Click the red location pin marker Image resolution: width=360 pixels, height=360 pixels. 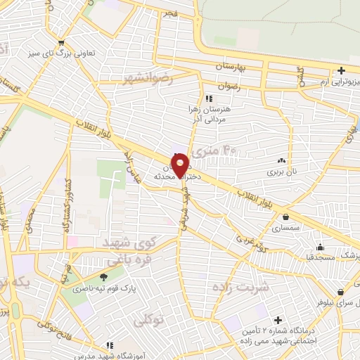181,163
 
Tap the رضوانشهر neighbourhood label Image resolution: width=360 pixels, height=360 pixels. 148,76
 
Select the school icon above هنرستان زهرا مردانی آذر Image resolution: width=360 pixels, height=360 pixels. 208,98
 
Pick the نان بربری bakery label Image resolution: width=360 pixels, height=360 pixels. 282,171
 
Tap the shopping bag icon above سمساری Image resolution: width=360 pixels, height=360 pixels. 287,217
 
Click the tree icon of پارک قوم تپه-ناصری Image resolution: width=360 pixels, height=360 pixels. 104,277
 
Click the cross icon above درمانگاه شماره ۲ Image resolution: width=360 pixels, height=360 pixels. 278,320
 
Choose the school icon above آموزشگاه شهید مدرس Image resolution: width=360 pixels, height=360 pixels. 110,345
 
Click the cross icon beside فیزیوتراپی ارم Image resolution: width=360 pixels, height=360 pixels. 342,70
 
